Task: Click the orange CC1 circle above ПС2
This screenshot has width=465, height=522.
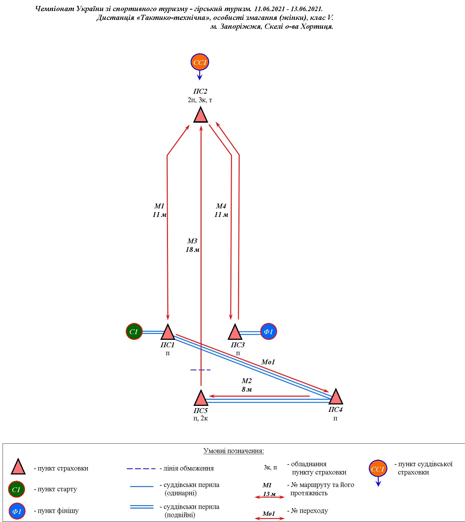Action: [200, 62]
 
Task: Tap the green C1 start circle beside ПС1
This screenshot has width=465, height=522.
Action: [134, 332]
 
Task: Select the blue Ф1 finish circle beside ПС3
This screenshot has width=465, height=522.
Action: [269, 332]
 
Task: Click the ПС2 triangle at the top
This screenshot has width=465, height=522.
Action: [201, 115]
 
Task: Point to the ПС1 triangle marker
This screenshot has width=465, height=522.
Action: [168, 332]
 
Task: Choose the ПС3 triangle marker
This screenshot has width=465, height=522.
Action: [235, 332]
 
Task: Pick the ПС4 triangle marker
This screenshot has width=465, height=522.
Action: [336, 397]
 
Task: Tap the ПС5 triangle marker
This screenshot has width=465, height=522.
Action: [201, 398]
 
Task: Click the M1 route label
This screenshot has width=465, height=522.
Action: [159, 206]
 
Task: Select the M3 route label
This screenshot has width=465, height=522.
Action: [192, 241]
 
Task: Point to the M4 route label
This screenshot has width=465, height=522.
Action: [221, 206]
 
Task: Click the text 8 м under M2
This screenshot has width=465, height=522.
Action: [247, 389]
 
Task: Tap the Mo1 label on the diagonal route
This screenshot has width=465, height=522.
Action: [268, 362]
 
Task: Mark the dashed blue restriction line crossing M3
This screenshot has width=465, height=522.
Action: [201, 370]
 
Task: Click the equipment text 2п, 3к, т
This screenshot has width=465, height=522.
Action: [200, 100]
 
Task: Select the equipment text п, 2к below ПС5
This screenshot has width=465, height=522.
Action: [200, 419]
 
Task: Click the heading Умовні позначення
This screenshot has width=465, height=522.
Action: [234, 451]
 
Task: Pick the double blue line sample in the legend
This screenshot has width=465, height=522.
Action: [142, 507]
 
